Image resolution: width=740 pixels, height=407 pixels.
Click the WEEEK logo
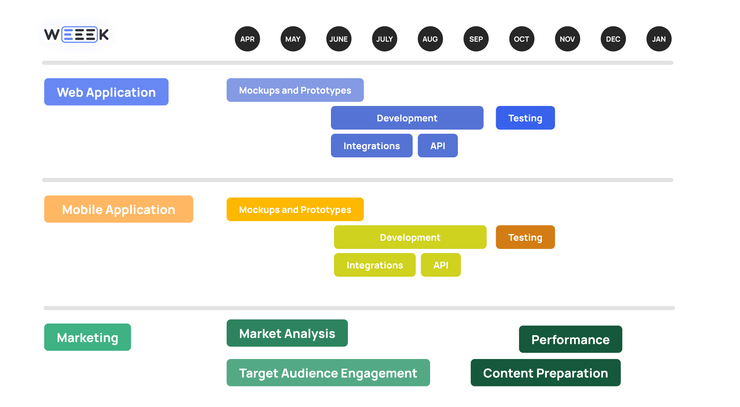click(x=76, y=35)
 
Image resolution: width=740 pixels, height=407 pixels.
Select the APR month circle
click(x=247, y=39)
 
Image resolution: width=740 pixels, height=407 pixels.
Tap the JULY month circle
click(x=384, y=39)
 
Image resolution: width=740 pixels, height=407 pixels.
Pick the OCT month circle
click(x=521, y=39)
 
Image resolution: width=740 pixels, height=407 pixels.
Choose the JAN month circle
click(x=659, y=39)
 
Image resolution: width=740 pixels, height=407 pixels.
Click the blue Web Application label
click(x=106, y=92)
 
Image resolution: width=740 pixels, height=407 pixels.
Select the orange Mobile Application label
click(x=119, y=209)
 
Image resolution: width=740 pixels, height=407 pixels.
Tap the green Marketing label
click(x=87, y=337)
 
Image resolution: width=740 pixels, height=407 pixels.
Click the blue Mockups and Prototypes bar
click(x=295, y=90)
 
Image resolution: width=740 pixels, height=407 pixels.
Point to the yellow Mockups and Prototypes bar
click(x=295, y=210)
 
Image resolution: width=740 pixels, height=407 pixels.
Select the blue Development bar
click(x=407, y=118)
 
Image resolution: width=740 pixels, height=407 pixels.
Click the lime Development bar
click(x=410, y=237)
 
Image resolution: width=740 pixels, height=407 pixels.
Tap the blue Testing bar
click(x=525, y=118)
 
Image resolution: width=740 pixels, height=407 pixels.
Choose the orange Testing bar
click(x=525, y=237)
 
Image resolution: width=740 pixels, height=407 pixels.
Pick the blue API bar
click(x=437, y=146)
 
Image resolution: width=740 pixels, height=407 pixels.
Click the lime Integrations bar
click(x=374, y=265)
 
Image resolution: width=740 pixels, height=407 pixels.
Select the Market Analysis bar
click(x=287, y=333)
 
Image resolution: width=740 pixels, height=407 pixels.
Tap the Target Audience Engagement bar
click(x=328, y=373)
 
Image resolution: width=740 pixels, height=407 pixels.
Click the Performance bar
click(x=570, y=339)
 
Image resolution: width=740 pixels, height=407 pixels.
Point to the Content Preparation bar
click(x=545, y=373)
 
